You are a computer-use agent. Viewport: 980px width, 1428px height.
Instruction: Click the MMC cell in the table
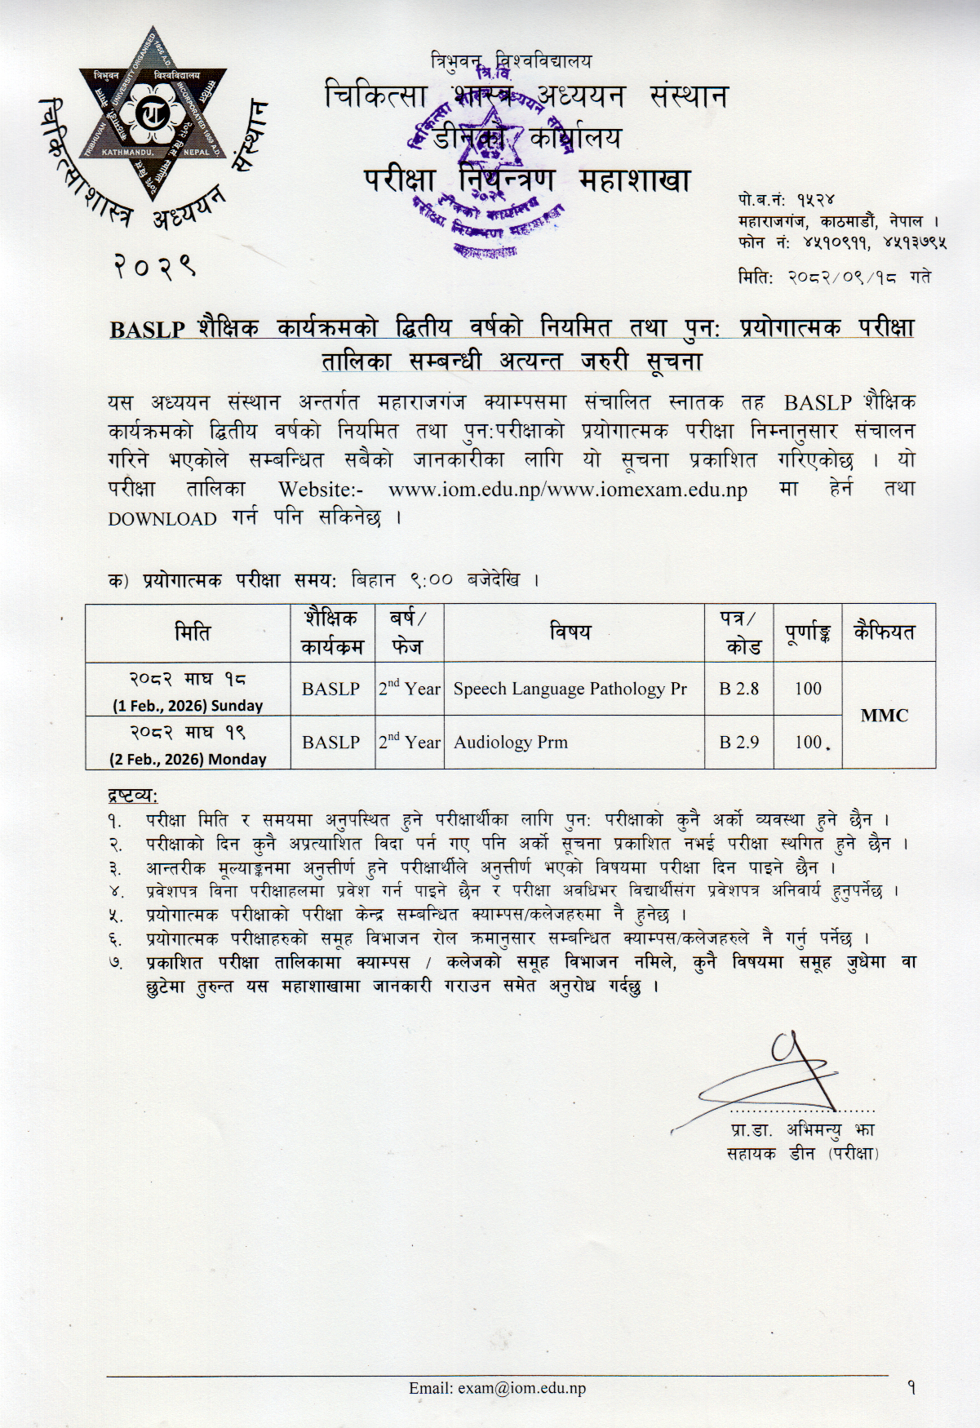889,716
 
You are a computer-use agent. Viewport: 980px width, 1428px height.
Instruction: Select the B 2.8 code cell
738,689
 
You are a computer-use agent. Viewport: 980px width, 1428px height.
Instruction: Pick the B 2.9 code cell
738,743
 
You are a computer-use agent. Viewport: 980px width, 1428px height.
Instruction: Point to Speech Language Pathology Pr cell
570,689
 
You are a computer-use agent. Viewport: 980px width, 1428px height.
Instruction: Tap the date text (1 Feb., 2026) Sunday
188,706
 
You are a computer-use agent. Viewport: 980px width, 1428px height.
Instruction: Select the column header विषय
570,632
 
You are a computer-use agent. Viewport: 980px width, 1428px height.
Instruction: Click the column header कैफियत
889,632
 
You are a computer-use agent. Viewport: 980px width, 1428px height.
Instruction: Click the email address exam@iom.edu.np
497,1387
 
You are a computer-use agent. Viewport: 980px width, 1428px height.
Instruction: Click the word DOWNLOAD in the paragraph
163,519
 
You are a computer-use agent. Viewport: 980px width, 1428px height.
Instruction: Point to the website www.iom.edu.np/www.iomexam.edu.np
567,491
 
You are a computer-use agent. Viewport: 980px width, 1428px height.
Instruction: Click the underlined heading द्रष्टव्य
133,794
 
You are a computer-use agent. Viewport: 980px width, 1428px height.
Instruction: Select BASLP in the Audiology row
330,743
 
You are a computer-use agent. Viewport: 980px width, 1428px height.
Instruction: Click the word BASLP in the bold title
147,329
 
